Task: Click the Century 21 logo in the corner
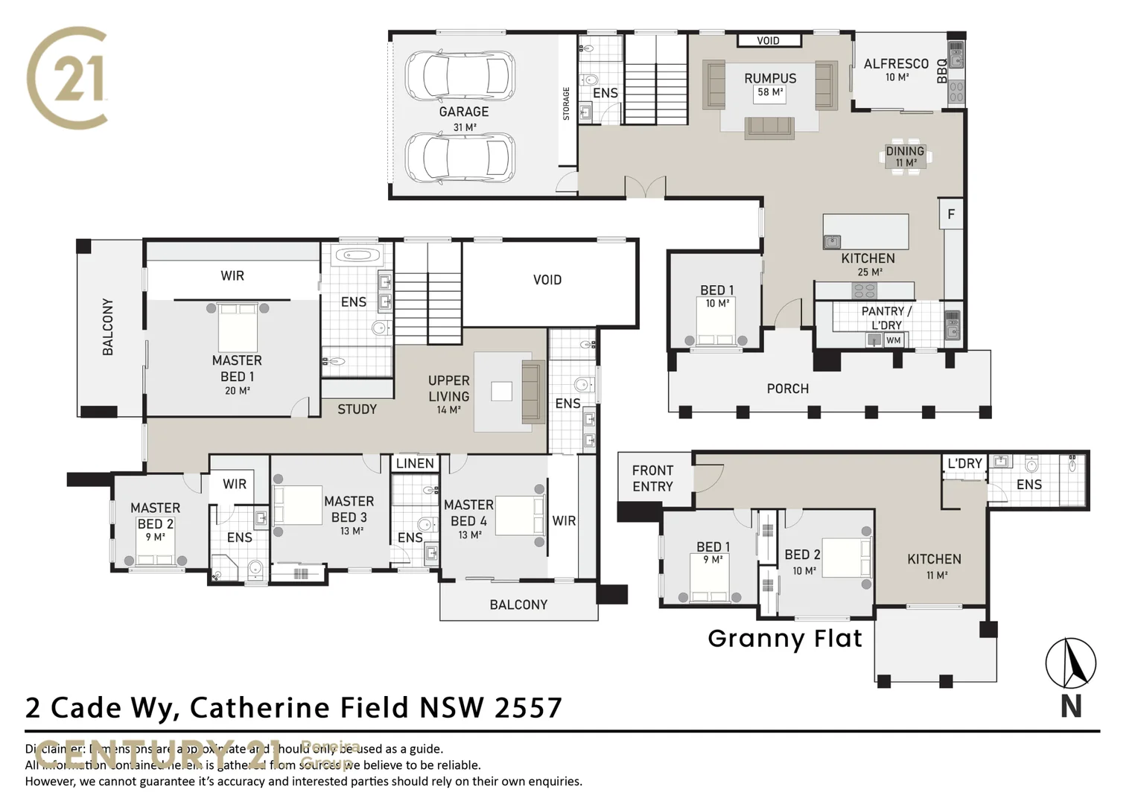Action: coord(67,77)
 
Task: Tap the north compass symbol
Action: coord(1070,663)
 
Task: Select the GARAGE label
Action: coord(463,112)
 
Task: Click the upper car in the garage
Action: coord(460,75)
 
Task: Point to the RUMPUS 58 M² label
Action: coord(770,84)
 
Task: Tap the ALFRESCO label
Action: coord(896,64)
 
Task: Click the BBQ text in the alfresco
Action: coord(941,71)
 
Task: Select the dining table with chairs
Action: coord(906,156)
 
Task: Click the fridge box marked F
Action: coord(951,215)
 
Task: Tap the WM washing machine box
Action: coord(894,340)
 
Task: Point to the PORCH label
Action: coord(787,389)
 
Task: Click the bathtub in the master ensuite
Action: coord(357,256)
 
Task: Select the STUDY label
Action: coord(357,409)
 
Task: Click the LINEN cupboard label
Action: coord(415,463)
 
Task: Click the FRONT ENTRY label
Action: coord(652,478)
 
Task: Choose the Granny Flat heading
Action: coord(785,638)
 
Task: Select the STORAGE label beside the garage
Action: coord(566,103)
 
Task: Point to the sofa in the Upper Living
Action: coord(533,391)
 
